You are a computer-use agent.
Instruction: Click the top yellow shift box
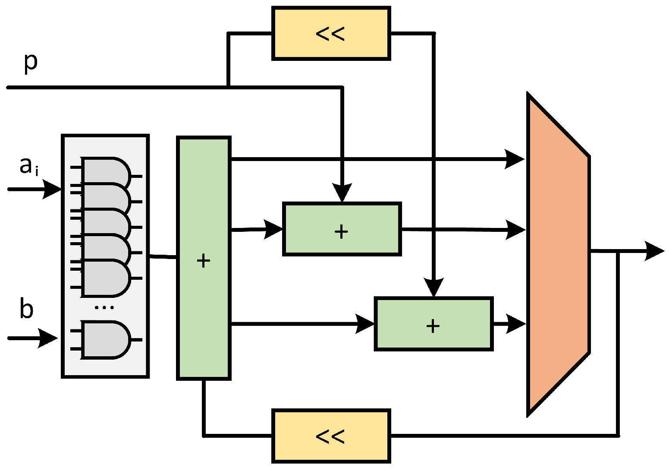pos(331,33)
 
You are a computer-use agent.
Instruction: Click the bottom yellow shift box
pos(331,436)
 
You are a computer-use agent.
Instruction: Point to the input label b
pos(26,310)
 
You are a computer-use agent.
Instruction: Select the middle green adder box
pos(342,229)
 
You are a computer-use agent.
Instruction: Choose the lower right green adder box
pos(433,324)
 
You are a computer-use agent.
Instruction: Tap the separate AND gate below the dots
pos(105,339)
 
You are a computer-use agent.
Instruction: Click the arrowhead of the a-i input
pos(52,190)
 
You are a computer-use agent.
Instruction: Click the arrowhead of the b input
pos(48,338)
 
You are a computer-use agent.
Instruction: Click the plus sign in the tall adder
pos(203,261)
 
